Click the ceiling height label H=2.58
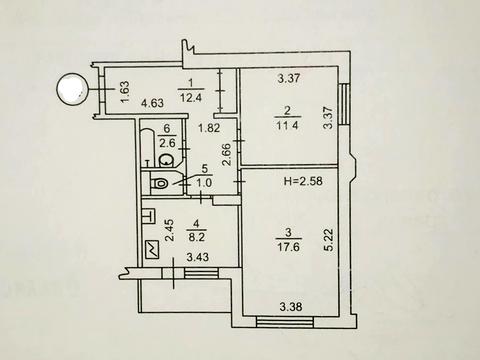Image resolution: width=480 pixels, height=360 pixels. point(303,181)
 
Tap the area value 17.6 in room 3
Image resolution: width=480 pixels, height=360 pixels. point(289,247)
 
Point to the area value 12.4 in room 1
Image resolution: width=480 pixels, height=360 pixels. point(191,98)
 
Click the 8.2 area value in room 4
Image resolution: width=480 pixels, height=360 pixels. point(199,238)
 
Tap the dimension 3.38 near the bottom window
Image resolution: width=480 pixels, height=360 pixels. point(291,306)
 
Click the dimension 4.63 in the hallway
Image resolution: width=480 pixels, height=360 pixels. point(152,103)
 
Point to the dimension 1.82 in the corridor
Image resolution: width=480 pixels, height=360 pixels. point(209,128)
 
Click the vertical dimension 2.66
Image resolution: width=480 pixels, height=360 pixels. point(226,154)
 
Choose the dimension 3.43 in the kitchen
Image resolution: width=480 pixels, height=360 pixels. point(198,257)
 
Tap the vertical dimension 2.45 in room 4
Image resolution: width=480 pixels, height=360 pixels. point(170,230)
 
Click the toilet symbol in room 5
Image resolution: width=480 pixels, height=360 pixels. point(159,183)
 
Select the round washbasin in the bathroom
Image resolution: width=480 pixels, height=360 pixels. point(166,161)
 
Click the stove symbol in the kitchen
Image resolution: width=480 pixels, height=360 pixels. point(152,250)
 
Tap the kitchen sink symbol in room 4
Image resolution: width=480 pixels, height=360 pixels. point(149,215)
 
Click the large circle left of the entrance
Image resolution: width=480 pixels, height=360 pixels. point(71,89)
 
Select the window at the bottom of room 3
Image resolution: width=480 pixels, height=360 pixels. point(285,323)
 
